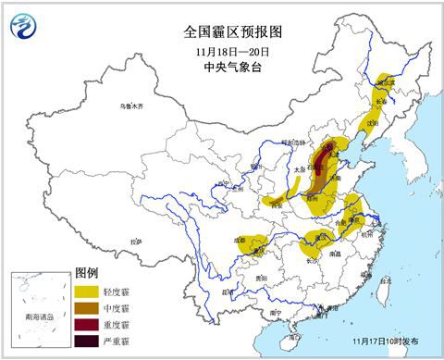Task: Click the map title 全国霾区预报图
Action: [x=222, y=31]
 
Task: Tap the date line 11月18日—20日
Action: [x=222, y=48]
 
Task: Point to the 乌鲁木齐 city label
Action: [x=133, y=107]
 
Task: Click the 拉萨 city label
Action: [x=137, y=241]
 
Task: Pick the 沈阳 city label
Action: [x=372, y=121]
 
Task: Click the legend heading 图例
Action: [x=86, y=275]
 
